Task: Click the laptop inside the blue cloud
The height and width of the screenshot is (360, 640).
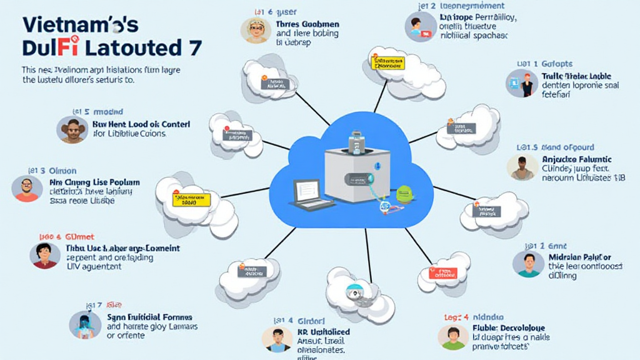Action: click(311, 194)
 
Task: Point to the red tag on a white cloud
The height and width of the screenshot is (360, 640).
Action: click(443, 272)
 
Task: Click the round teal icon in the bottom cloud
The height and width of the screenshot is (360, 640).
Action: click(355, 292)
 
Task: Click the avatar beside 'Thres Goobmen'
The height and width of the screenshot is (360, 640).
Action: click(254, 29)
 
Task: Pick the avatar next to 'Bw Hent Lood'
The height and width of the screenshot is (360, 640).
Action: click(72, 129)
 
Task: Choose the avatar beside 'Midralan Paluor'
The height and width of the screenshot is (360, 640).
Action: click(528, 263)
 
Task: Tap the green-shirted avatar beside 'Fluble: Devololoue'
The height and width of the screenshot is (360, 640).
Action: click(453, 336)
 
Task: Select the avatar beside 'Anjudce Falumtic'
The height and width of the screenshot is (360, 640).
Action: click(522, 167)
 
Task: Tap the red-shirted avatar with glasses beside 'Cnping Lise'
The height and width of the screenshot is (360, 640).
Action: click(27, 189)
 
